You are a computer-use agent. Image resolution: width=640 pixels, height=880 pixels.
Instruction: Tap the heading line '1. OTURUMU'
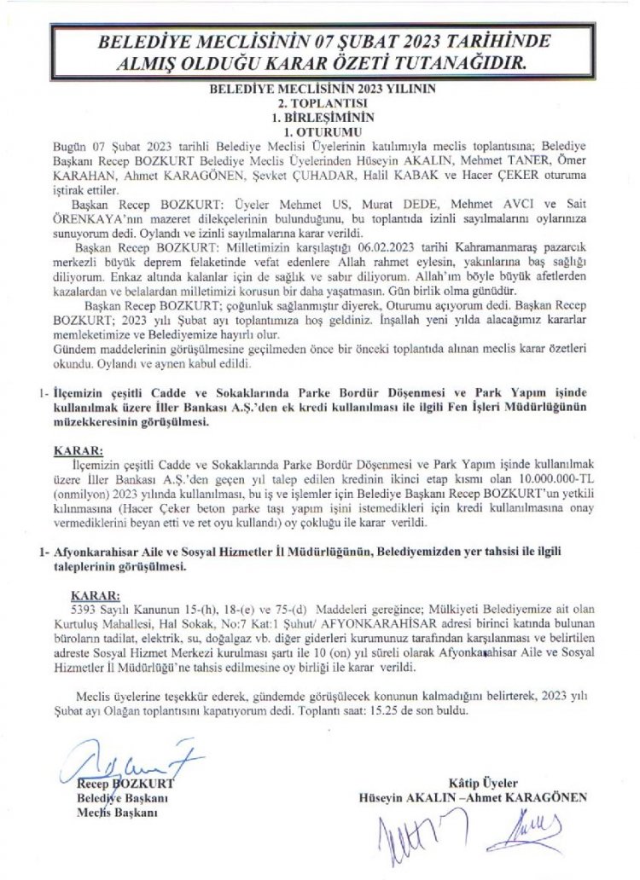point(320,132)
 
